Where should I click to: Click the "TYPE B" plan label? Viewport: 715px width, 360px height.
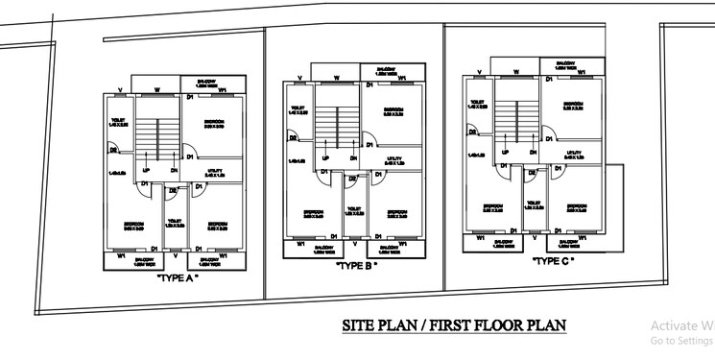(356, 268)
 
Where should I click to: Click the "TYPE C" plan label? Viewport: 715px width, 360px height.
(553, 259)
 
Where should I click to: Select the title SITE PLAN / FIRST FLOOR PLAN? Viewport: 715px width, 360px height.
(454, 326)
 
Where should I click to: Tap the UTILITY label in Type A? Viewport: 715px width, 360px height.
(215, 172)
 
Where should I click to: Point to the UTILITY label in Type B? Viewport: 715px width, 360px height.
(394, 159)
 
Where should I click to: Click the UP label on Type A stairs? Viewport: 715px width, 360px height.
(146, 170)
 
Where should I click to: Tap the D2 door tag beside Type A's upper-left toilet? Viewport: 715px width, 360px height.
(113, 150)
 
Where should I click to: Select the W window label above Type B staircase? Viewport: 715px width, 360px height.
(336, 76)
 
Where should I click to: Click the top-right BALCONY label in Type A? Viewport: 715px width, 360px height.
(207, 83)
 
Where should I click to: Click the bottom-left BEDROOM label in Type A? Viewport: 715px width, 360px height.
(133, 227)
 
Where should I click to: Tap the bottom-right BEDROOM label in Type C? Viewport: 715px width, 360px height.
(577, 206)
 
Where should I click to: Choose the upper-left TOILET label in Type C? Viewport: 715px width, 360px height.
(475, 103)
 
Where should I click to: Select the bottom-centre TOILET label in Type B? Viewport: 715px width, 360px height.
(352, 209)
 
